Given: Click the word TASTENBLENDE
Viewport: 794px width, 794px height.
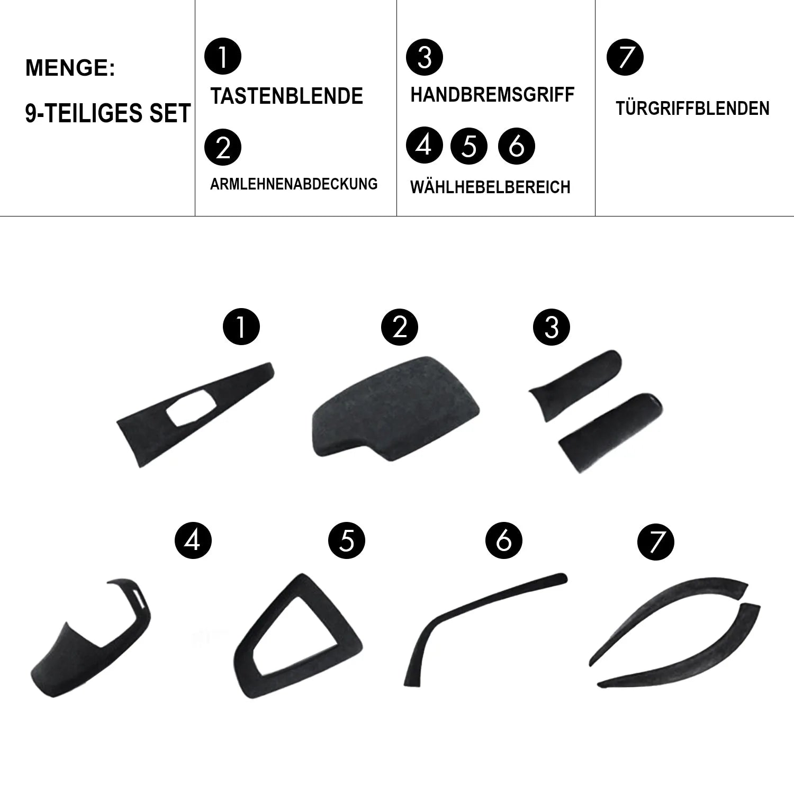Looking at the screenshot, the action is [x=286, y=96].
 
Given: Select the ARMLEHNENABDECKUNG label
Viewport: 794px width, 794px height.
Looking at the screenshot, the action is [x=294, y=184].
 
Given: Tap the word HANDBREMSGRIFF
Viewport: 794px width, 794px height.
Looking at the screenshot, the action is [x=492, y=95].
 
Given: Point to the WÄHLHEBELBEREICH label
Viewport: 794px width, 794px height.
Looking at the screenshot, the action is [x=490, y=186].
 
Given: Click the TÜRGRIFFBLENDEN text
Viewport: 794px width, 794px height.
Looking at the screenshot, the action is [x=692, y=109].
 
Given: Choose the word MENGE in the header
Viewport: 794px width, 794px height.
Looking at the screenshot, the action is [x=67, y=68].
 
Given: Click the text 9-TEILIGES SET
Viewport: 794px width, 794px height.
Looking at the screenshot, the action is [x=108, y=114].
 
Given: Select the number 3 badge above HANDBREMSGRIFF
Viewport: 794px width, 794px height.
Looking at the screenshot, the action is [x=425, y=57].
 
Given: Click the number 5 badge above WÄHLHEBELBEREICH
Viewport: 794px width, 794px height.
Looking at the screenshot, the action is [x=469, y=146].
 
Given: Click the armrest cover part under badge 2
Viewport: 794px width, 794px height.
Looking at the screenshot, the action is [x=395, y=406].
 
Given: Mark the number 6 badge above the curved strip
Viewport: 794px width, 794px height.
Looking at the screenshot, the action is [x=503, y=540].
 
